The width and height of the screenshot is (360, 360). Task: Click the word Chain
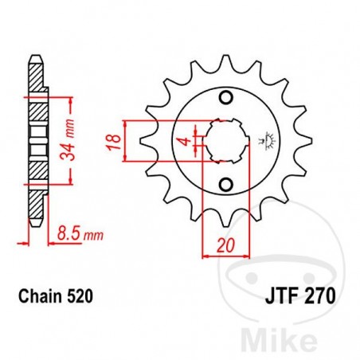(x=36, y=297)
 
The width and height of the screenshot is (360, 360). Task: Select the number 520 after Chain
(x=80, y=297)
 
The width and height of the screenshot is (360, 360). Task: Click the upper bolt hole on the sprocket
(x=225, y=99)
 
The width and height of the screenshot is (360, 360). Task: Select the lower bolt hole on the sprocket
(x=225, y=185)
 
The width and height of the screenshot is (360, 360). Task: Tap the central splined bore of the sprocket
(x=225, y=142)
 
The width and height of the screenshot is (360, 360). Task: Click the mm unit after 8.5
(x=95, y=237)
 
